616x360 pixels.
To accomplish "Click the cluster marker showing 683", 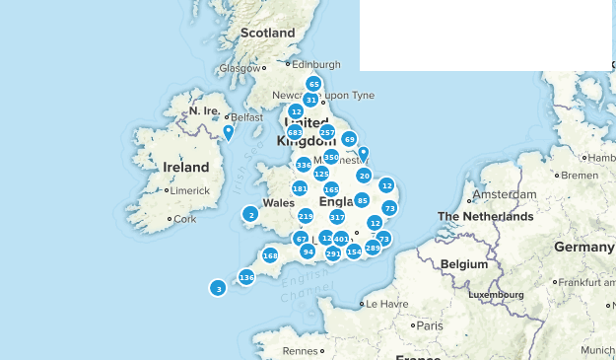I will (295, 131).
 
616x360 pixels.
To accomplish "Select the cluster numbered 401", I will (341, 238).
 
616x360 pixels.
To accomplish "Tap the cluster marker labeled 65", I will (313, 85).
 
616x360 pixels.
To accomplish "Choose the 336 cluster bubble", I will (304, 165).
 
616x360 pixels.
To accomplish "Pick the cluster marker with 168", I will (270, 255).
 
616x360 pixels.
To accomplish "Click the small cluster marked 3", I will (218, 288).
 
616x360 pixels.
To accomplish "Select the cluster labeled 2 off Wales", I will (251, 214).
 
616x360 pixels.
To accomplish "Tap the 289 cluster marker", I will (373, 248).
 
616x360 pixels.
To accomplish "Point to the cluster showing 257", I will (327, 132).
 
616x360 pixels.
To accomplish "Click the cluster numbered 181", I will (300, 188).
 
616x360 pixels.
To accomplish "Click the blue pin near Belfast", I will (229, 132).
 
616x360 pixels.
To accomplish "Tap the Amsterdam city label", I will (489, 194).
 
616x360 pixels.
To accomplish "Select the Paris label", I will (429, 324).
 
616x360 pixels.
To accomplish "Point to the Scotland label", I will (268, 33).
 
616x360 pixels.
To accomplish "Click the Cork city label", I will (184, 219).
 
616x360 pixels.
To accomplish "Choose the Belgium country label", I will (464, 264).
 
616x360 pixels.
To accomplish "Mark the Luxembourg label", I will (495, 294).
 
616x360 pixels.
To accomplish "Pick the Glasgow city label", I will (240, 68).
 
